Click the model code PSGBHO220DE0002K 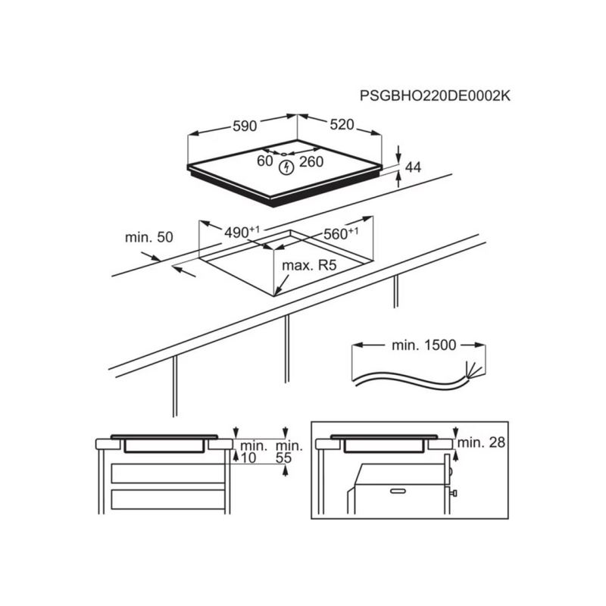click(435, 96)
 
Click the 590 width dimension click(245, 126)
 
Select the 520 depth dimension click(342, 124)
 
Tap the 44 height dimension click(413, 167)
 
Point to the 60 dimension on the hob click(264, 161)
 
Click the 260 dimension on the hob click(311, 161)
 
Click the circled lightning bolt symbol click(286, 167)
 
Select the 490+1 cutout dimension click(242, 232)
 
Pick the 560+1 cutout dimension click(341, 233)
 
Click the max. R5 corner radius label click(309, 265)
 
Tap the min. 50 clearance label click(148, 237)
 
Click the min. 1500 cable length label click(424, 345)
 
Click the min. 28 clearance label click(481, 442)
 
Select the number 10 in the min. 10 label click(248, 458)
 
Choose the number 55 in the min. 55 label click(283, 458)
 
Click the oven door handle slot click(398, 491)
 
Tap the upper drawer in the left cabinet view click(168, 473)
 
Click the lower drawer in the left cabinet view click(168, 499)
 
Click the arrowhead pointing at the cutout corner click(277, 292)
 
